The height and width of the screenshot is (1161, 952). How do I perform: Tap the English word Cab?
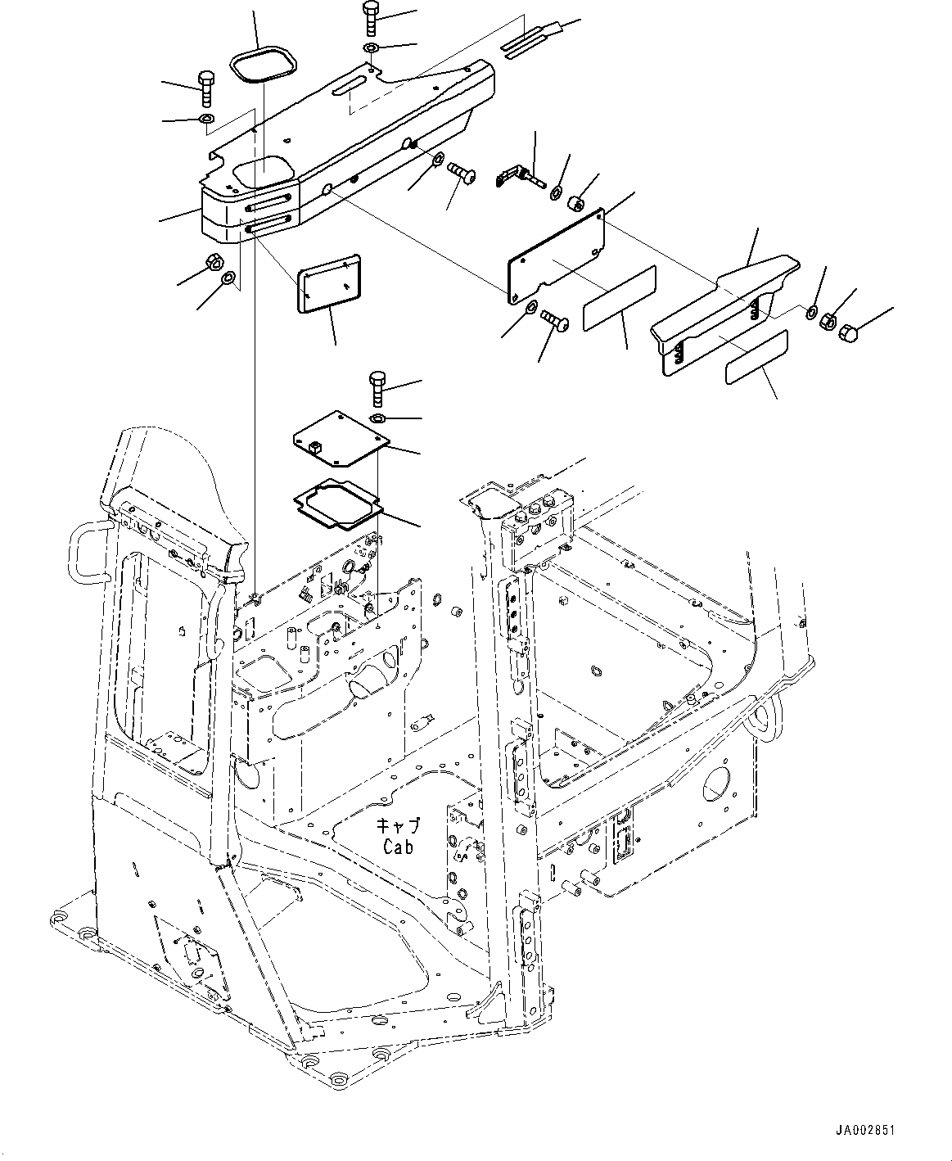[399, 847]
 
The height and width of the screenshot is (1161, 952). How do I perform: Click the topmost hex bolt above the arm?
[369, 16]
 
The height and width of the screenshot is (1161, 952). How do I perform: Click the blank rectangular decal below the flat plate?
[618, 298]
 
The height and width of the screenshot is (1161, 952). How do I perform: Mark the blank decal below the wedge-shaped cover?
[757, 357]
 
